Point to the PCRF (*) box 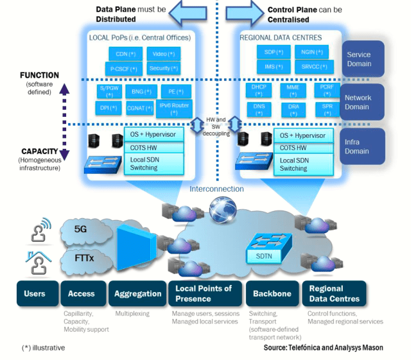point(328,90)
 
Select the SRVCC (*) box point(313,66)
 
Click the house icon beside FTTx point(35,262)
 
